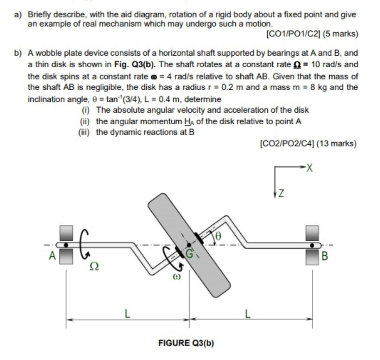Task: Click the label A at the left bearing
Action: click(52, 256)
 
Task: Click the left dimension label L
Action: click(127, 313)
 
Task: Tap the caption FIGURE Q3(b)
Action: click(186, 343)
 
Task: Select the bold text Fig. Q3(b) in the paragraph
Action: click(136, 64)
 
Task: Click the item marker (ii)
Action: click(85, 121)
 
